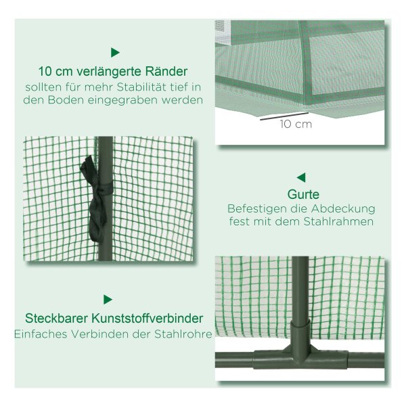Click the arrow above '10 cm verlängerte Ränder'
coord(115,53)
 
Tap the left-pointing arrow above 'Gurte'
coord(301,177)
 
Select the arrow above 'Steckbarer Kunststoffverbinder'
coord(108,300)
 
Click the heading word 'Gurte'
coord(303,194)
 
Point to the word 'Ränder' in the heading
coord(166,71)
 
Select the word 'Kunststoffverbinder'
coord(147,318)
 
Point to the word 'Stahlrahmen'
coord(339,221)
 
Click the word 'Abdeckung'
coord(343,208)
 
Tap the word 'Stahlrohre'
coord(183,334)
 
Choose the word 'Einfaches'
coord(41,334)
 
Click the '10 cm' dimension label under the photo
coord(296,125)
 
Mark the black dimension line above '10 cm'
coord(284,116)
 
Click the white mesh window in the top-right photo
coord(223,32)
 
